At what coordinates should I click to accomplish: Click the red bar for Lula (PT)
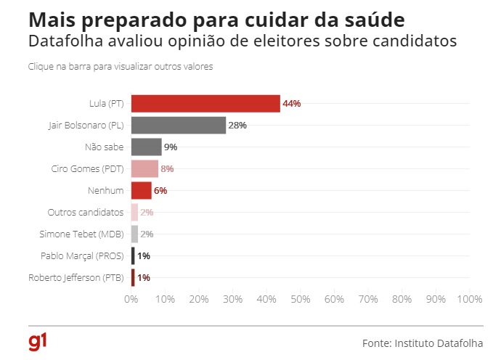205,104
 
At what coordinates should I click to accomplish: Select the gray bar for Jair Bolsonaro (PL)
179,126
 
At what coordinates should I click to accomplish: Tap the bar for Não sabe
146,147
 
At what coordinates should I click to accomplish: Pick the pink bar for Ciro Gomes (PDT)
144,169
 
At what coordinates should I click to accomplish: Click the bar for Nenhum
141,190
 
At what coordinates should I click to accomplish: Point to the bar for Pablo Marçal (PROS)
133,255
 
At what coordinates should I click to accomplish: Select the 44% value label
292,104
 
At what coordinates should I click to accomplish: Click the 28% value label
237,126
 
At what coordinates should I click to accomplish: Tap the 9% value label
171,147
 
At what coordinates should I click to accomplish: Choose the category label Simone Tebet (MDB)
81,234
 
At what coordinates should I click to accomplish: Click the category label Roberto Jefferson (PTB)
76,277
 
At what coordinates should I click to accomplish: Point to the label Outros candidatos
86,212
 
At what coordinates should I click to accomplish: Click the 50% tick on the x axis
301,298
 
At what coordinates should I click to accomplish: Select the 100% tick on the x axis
469,298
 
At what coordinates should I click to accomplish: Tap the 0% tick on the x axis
131,298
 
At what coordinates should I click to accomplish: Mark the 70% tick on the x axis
368,298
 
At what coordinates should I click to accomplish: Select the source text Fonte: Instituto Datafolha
423,342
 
